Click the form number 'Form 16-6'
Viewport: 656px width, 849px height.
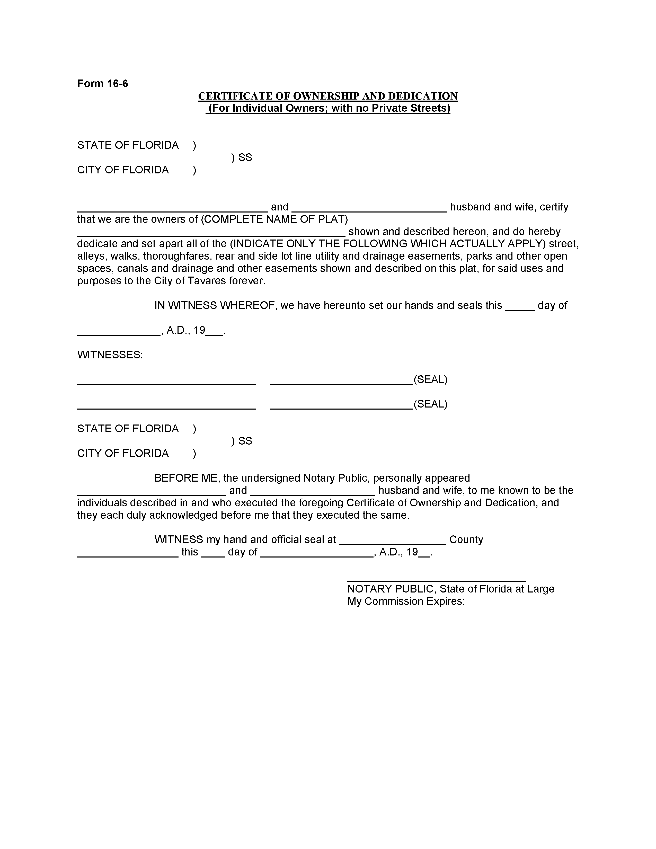click(x=103, y=84)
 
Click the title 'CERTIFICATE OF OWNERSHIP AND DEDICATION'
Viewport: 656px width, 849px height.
click(x=327, y=96)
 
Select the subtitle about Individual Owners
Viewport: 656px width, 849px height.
click(x=327, y=108)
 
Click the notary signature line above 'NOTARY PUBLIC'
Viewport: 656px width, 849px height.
click(x=436, y=581)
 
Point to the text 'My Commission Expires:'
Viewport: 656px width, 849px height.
click(x=406, y=602)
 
